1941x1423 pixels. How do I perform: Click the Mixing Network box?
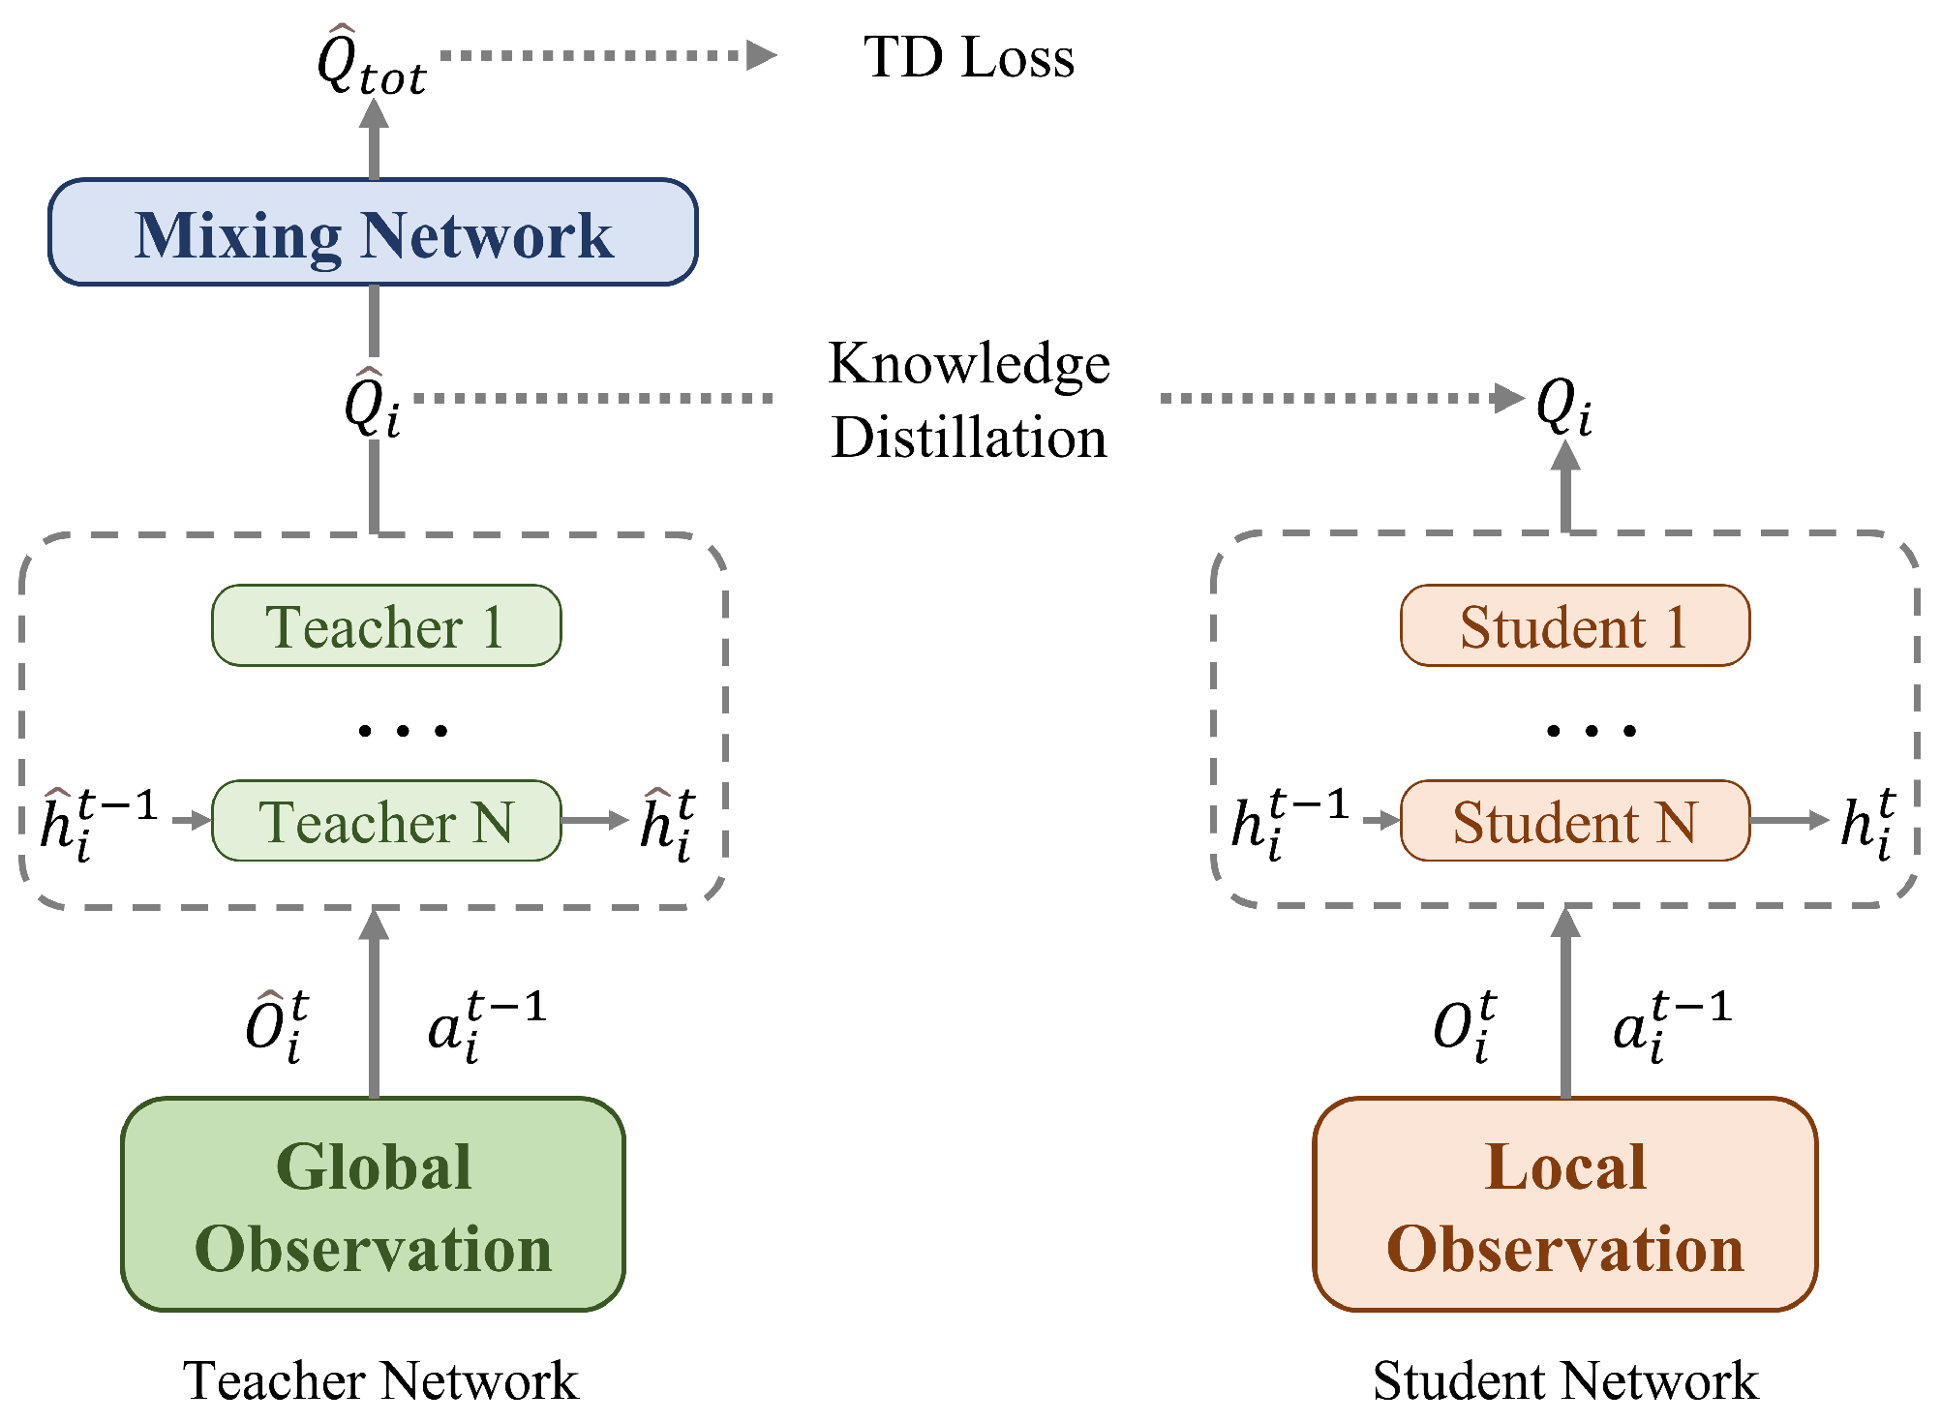click(x=373, y=232)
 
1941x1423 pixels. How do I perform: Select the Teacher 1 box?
click(x=385, y=625)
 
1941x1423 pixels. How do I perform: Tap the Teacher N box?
click(x=385, y=821)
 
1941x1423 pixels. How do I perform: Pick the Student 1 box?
click(x=1574, y=625)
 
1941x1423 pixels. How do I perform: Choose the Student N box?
click(x=1574, y=821)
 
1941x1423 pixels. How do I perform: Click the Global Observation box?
click(x=373, y=1204)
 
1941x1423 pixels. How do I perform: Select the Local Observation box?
click(x=1564, y=1204)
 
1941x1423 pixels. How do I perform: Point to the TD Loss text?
click(x=968, y=57)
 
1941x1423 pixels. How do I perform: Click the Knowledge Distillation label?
click(x=968, y=400)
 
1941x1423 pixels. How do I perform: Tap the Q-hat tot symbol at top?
click(x=371, y=62)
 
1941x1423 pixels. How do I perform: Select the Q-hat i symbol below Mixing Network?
click(x=372, y=405)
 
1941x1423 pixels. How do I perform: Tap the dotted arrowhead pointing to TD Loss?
click(x=762, y=55)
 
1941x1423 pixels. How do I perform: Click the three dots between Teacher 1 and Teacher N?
click(x=403, y=730)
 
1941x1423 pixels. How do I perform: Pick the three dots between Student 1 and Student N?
click(x=1592, y=730)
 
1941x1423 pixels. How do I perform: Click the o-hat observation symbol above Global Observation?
click(x=277, y=1026)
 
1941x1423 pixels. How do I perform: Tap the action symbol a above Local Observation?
click(x=1670, y=1026)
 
